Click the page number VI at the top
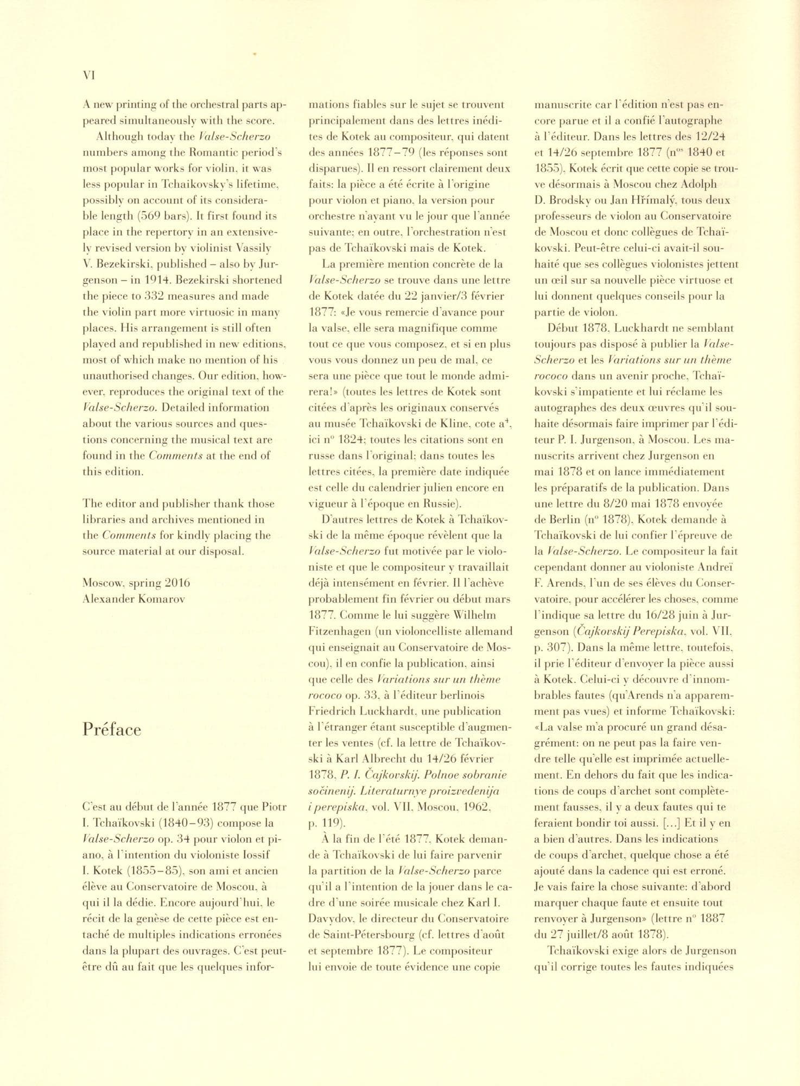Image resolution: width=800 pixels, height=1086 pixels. click(88, 76)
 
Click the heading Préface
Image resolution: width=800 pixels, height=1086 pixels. click(112, 729)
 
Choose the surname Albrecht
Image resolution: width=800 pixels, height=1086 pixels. click(398, 759)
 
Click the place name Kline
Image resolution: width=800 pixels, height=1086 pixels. click(455, 424)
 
